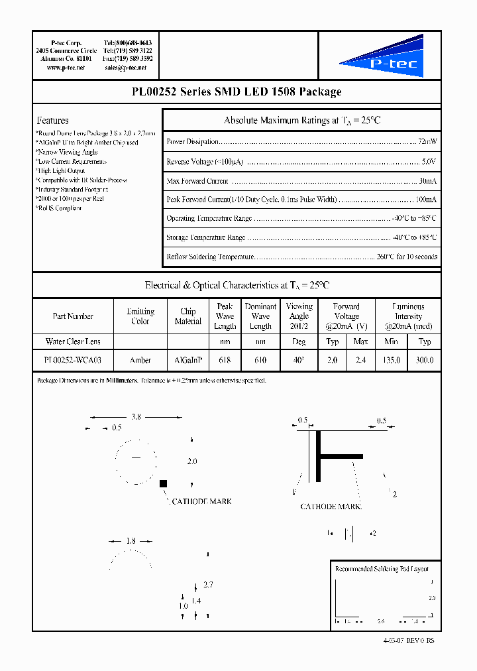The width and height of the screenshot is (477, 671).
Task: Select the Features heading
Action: [52, 121]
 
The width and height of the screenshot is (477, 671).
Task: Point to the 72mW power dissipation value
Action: [427, 142]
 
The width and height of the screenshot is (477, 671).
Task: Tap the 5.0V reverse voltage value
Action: [429, 162]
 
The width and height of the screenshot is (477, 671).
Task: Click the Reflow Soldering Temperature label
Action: [210, 257]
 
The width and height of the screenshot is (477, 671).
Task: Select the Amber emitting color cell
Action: [140, 360]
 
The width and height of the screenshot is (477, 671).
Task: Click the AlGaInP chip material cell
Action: [187, 360]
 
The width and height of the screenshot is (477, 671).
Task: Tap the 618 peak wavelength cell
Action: [225, 360]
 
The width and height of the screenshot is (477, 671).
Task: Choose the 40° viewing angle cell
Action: [299, 360]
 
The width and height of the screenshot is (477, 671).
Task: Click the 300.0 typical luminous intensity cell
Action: [425, 360]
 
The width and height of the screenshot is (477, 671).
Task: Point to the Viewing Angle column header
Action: [299, 316]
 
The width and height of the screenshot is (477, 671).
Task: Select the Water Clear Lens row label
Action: [73, 341]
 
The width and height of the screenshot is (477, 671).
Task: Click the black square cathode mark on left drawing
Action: [163, 485]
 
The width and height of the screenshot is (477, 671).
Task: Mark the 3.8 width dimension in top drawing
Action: [136, 417]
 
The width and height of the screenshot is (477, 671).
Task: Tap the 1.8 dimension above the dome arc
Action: [131, 541]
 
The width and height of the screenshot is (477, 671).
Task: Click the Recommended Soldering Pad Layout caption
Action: [382, 569]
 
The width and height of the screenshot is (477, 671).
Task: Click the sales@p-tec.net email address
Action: [129, 68]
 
